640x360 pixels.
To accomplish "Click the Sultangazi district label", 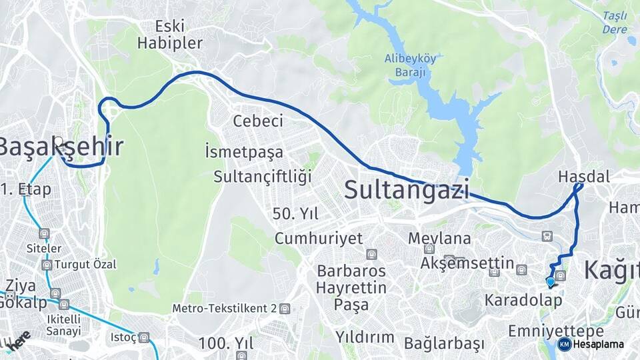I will coord(406,190).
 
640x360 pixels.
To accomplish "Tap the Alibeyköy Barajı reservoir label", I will coord(411,65).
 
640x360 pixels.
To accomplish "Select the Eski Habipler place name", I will coord(169,35).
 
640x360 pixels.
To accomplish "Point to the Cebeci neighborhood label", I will coord(258,121).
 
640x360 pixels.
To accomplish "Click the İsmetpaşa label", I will coord(244,152).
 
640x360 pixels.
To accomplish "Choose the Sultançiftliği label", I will coord(263,177).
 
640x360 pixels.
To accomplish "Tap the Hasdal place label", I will coord(575,177).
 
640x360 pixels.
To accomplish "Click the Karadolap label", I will coord(523,300).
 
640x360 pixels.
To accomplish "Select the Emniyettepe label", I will coord(546,331).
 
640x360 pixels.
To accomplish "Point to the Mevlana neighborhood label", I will coord(439,238).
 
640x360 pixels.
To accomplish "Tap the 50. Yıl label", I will coord(296,214).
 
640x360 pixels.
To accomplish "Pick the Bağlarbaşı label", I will coord(444,344).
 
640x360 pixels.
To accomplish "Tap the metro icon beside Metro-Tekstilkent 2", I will coord(285,309).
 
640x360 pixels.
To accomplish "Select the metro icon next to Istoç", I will coord(143,338).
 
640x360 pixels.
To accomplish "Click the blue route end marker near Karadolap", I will coord(551,282).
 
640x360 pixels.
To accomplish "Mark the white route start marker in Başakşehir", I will coord(59,141).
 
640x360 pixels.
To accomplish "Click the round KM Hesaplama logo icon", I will coord(564,344).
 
